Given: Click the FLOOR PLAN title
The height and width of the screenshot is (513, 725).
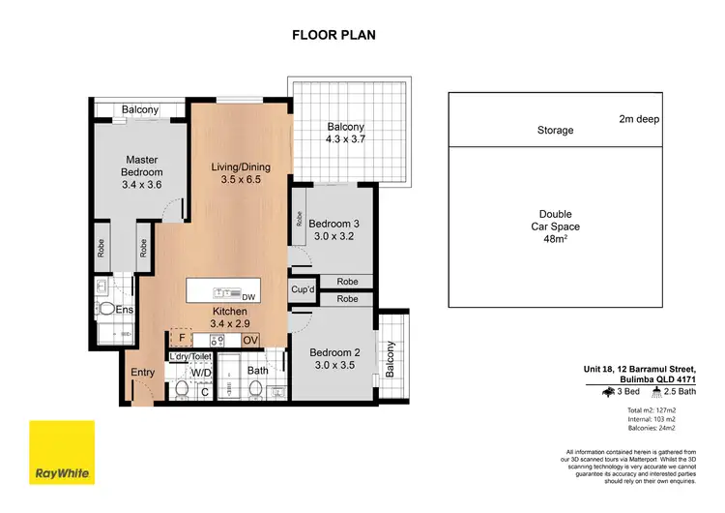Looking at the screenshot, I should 334,36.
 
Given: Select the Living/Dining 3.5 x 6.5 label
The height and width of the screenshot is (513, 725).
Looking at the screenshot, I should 241,173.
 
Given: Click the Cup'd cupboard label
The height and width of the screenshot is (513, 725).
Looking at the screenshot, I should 303,290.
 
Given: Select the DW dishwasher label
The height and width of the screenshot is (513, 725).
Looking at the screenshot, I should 247,296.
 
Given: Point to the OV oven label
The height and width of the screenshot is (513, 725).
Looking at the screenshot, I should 250,341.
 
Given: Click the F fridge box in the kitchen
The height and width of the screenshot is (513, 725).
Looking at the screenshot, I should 181,340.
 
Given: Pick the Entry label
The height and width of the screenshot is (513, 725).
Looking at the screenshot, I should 142,372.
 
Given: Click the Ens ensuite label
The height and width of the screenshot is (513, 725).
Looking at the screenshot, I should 124,310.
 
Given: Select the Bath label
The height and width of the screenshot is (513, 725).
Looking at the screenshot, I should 257,371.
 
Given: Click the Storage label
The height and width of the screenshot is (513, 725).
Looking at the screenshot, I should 555,130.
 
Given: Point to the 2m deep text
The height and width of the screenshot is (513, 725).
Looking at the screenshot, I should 639,119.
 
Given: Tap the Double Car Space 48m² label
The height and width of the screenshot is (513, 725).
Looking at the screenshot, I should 555,229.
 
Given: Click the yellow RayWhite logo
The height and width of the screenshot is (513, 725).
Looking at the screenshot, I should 62,453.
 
